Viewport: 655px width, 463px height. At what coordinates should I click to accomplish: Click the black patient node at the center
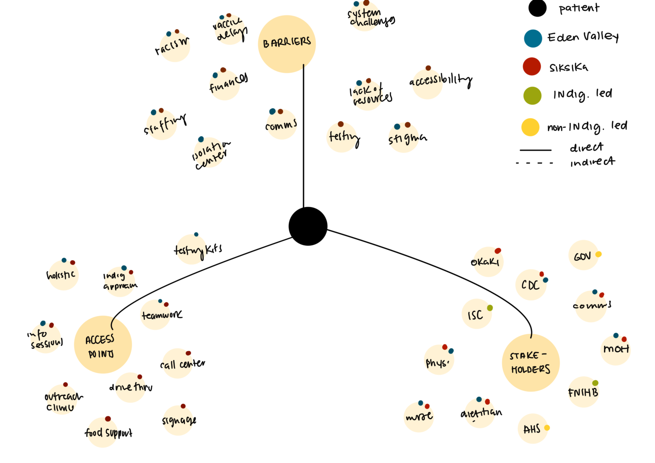308,226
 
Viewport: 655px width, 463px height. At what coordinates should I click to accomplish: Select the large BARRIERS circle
287,44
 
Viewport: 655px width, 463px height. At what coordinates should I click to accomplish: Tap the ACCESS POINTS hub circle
103,344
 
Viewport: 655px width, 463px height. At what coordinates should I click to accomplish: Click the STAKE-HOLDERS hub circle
530,363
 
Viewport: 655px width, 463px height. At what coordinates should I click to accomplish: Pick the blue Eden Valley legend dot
533,38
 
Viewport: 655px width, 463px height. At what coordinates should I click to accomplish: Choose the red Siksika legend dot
532,67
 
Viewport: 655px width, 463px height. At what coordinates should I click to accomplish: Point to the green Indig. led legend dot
532,95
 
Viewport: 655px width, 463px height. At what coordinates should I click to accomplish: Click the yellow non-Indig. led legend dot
530,127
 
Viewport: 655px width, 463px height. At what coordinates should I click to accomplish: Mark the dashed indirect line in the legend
534,163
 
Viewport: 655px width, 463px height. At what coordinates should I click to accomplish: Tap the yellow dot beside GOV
598,255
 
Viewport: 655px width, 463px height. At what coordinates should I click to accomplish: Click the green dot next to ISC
490,308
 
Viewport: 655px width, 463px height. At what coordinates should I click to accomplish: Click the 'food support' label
108,433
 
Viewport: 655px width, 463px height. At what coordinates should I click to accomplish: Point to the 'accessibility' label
441,80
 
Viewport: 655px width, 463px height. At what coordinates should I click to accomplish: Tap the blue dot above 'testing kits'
196,234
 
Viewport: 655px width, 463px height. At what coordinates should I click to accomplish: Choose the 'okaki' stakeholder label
485,262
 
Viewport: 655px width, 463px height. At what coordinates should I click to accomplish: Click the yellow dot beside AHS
547,428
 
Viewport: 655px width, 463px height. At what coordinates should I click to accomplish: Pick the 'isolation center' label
211,153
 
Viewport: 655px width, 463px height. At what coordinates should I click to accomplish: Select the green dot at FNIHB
595,383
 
